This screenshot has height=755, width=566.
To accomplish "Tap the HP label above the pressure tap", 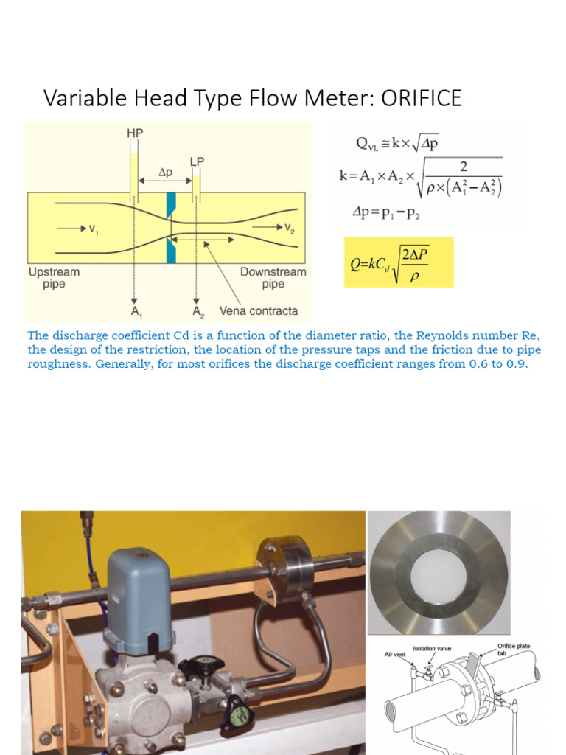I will tap(135, 133).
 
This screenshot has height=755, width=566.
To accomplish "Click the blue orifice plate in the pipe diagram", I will tap(171, 226).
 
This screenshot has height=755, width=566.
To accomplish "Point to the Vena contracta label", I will tap(259, 310).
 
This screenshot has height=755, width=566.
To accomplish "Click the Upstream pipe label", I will tap(54, 278).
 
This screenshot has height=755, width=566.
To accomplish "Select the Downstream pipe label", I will tap(273, 278).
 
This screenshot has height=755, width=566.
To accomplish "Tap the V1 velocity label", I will tap(93, 229).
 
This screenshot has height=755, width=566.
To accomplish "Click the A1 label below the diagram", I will tap(136, 310).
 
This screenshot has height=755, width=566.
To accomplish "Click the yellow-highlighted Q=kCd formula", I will tap(399, 262).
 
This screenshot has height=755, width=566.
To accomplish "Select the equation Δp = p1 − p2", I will tap(391, 212).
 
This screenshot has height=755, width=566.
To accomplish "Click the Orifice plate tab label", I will tap(513, 649).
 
